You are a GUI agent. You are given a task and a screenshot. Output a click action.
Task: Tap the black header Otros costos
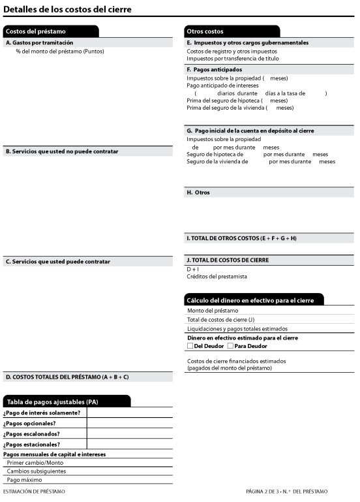pyautogui.click(x=205, y=31)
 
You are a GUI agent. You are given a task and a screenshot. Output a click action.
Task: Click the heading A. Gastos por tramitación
pyautogui.click(x=39, y=42)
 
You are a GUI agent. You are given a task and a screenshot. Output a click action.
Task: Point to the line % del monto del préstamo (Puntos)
pyautogui.click(x=60, y=51)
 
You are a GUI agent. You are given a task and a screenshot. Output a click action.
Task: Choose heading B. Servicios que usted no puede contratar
pyautogui.click(x=62, y=151)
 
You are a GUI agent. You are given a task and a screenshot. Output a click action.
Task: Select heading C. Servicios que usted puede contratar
pyautogui.click(x=58, y=262)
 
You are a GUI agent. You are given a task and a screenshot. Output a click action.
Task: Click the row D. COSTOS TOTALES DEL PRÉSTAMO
pyautogui.click(x=67, y=377)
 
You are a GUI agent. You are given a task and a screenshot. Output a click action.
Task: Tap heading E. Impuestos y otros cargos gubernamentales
pyautogui.click(x=247, y=42)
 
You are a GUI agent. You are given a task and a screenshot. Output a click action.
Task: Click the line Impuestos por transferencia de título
pyautogui.click(x=228, y=58)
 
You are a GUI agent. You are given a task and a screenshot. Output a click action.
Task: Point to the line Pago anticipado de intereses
pyautogui.click(x=222, y=86)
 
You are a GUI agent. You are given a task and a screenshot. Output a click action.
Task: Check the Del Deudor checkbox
pyautogui.click(x=190, y=346)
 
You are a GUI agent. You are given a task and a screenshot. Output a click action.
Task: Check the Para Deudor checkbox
pyautogui.click(x=230, y=346)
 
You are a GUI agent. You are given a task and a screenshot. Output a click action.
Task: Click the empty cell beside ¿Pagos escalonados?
pyautogui.click(x=129, y=433)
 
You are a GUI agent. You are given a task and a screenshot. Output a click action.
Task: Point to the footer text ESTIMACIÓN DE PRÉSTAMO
pyautogui.click(x=34, y=491)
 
